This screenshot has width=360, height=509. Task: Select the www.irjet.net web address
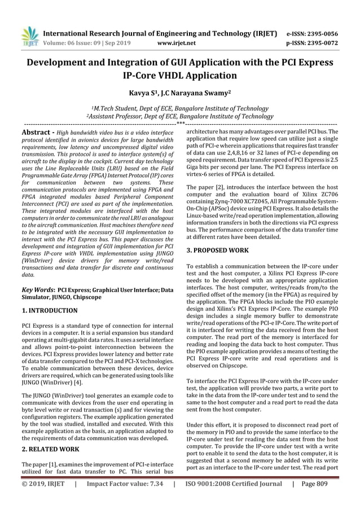point(178,42)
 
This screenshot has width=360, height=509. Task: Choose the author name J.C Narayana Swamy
point(195,92)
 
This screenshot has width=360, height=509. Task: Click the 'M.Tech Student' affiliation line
point(179,108)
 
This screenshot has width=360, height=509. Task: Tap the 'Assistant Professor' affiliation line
point(179,116)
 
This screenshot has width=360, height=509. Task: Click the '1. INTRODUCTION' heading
point(50,310)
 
